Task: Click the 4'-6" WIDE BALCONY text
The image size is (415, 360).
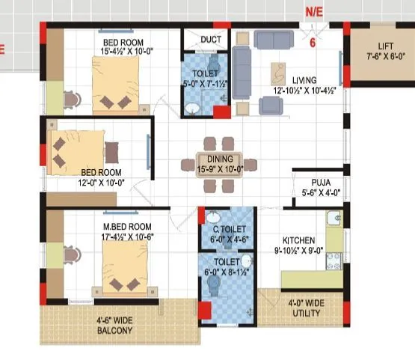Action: click(x=114, y=325)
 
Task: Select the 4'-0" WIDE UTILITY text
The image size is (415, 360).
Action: click(x=306, y=308)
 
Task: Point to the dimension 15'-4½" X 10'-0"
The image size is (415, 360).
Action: click(x=126, y=52)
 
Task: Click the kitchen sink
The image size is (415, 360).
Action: click(x=334, y=220)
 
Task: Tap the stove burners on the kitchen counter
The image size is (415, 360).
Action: click(x=333, y=260)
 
